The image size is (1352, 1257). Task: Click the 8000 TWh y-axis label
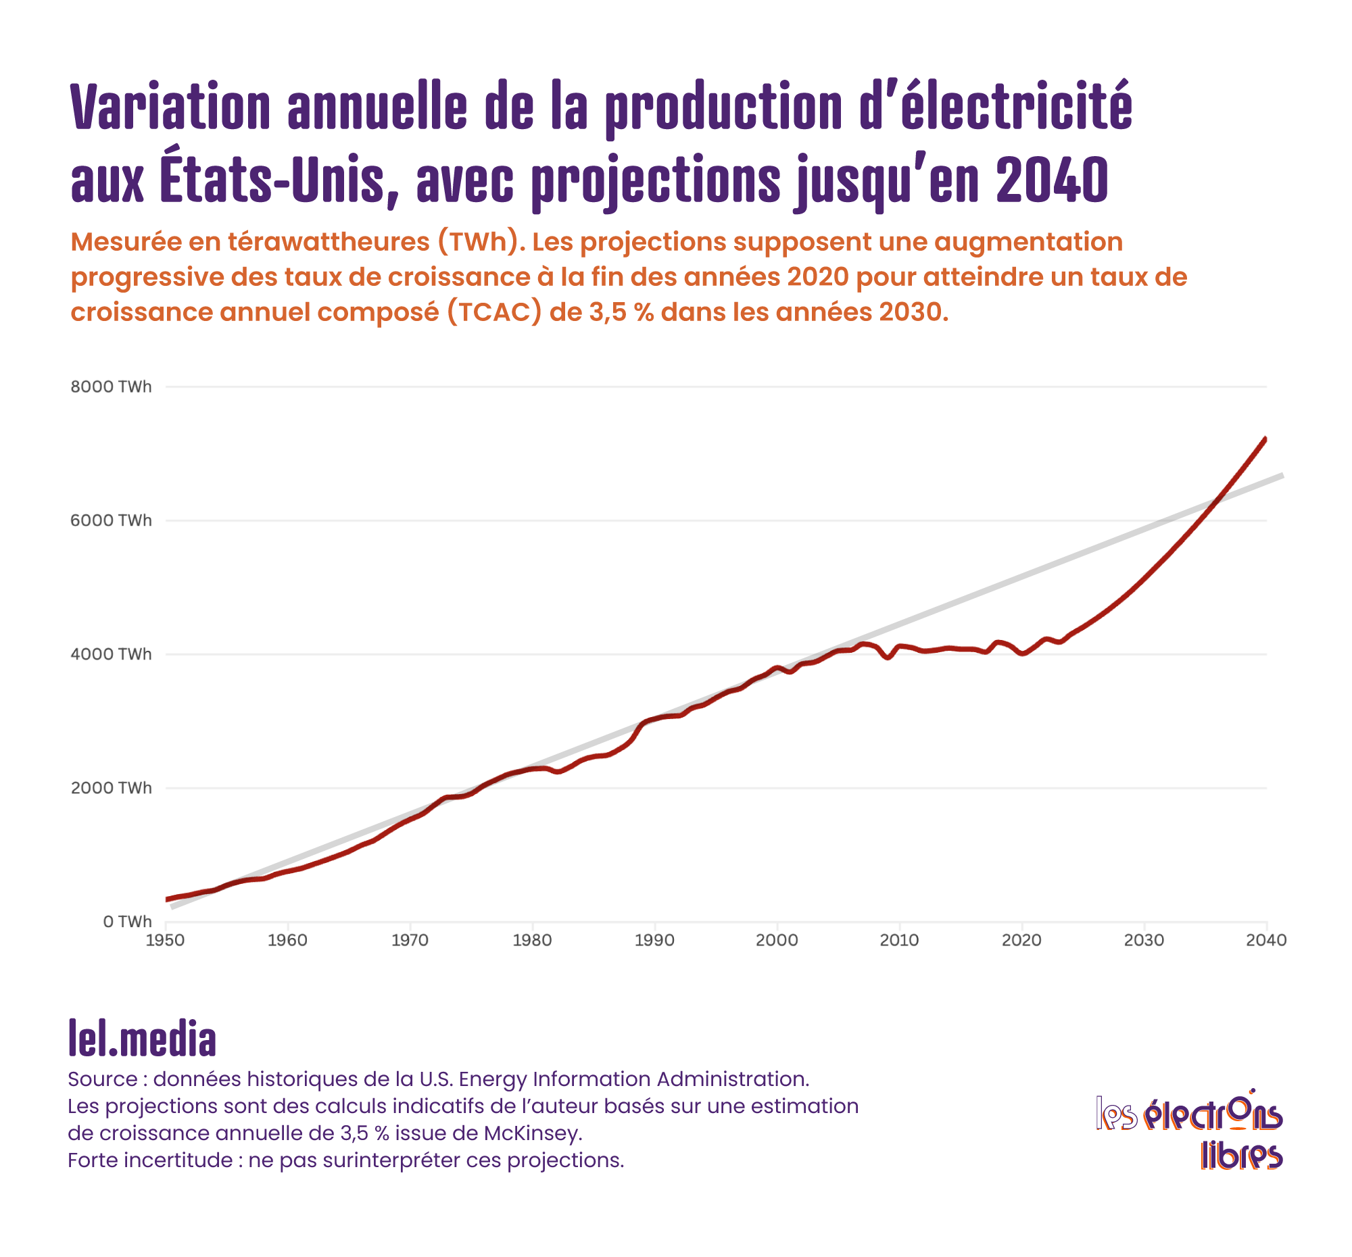[111, 387]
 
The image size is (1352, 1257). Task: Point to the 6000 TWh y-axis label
[111, 521]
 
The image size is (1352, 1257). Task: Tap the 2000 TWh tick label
[111, 788]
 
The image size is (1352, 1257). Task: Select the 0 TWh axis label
[127, 922]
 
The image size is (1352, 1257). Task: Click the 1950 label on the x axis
[165, 940]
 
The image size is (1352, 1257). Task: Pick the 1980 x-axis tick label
[533, 940]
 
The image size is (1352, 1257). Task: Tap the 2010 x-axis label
[899, 940]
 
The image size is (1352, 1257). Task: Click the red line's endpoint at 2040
[1265, 439]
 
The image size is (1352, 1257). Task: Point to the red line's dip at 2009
[888, 658]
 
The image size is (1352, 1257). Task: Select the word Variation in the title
[171, 107]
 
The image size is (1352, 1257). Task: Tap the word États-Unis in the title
[272, 180]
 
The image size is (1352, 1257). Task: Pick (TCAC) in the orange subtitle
[494, 312]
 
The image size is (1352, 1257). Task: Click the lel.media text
[142, 1039]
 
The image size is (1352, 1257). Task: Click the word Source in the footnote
[103, 1079]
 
